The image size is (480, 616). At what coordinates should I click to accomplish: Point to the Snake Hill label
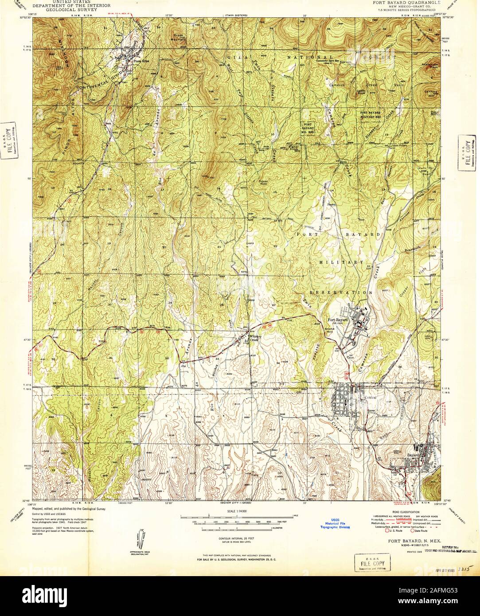pyautogui.click(x=329, y=330)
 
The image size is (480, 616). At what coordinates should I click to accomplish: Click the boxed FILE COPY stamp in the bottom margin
pyautogui.click(x=370, y=563)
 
